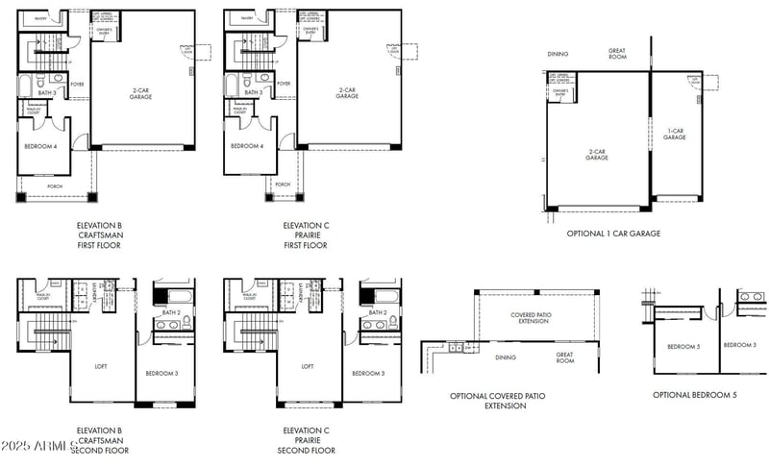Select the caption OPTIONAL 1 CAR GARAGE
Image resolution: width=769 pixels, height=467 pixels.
tap(614, 233)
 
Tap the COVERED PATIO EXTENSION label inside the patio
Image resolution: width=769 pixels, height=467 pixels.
tap(530, 318)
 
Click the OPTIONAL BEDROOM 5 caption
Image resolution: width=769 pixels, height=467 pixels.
tap(695, 395)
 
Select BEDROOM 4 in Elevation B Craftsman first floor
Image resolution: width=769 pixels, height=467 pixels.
tap(41, 146)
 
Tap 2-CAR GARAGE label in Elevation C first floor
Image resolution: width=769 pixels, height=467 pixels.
tap(347, 94)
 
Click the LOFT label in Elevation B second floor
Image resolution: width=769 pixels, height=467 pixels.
tap(100, 366)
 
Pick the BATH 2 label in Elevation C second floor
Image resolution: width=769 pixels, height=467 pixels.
tap(378, 312)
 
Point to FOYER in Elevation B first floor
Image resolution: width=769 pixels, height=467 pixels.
tap(77, 84)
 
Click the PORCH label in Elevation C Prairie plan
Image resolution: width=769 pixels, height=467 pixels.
tap(283, 184)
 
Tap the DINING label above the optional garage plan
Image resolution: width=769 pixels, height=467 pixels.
tap(558, 54)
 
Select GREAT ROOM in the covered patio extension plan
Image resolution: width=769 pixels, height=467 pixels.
tap(564, 357)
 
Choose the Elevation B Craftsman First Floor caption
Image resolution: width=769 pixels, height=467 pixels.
tap(100, 235)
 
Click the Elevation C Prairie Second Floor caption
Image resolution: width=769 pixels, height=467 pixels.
tap(307, 440)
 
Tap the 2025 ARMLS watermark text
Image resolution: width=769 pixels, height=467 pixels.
tap(38, 446)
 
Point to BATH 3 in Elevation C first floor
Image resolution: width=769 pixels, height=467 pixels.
tap(253, 92)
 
